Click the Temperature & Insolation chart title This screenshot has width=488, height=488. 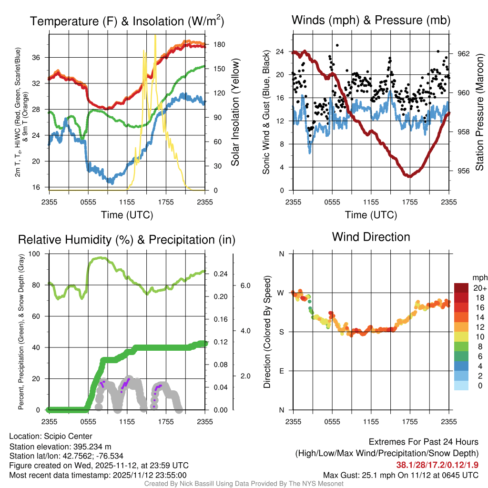(x=127, y=21)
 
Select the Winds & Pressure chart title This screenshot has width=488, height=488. (x=371, y=20)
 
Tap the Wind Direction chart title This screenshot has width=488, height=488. (x=371, y=237)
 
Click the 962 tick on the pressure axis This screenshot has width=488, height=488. (x=464, y=53)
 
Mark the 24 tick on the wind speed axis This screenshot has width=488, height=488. (x=280, y=51)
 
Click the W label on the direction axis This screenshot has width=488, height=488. (x=281, y=293)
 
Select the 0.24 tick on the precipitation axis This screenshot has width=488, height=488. (x=219, y=274)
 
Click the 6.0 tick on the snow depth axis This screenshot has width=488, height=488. (x=244, y=285)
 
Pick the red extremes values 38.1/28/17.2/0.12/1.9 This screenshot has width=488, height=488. (x=437, y=464)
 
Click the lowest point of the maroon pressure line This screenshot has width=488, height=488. (x=409, y=176)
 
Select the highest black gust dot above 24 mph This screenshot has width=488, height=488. (x=337, y=45)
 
